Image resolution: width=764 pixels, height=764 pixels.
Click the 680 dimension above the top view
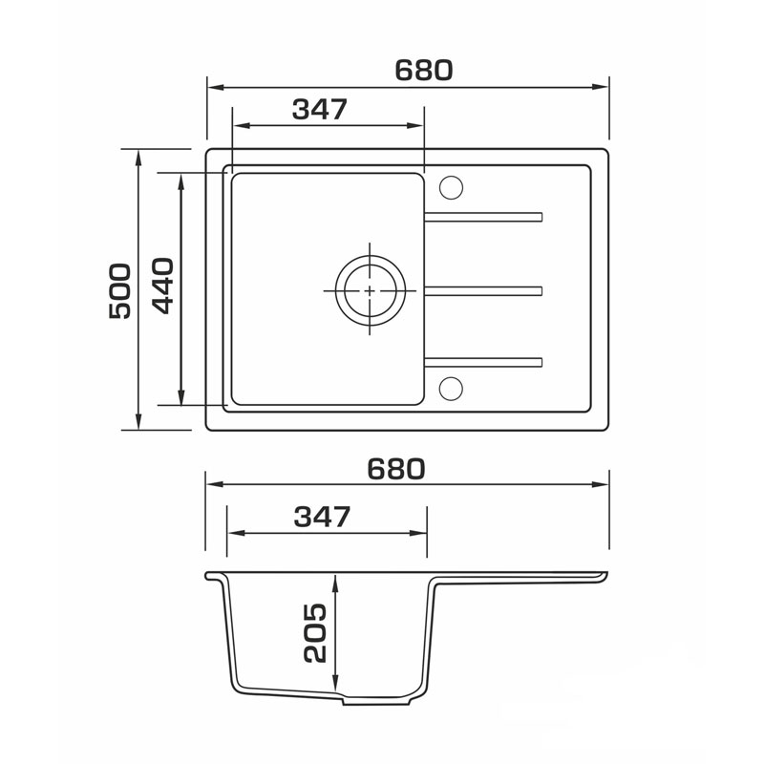click(423, 70)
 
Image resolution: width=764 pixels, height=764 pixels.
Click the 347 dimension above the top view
click(320, 109)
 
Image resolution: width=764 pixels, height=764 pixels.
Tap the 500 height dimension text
click(120, 291)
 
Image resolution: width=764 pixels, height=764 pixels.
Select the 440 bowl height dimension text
click(162, 286)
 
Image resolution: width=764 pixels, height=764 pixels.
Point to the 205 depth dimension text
click(314, 633)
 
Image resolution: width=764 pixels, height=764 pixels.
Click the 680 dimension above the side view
click(396, 469)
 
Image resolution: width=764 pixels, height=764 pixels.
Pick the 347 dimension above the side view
click(322, 517)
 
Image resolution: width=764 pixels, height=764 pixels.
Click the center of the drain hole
click(370, 290)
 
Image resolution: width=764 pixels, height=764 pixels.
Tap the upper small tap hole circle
click(451, 187)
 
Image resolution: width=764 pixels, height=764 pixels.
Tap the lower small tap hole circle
click(451, 389)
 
